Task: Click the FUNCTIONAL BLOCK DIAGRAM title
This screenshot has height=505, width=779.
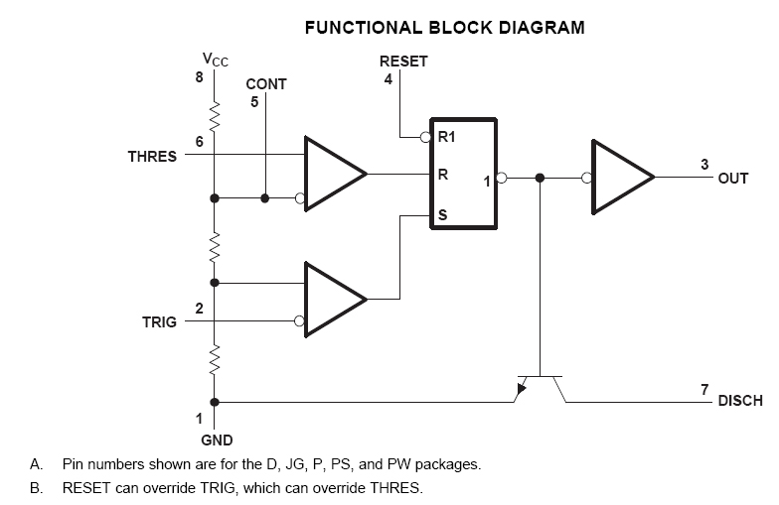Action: (444, 28)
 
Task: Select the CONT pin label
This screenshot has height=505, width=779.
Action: (265, 85)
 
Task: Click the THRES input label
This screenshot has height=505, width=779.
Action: (152, 157)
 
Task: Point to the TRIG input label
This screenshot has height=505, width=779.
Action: (159, 322)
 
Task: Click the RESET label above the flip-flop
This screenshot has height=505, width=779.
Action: (403, 62)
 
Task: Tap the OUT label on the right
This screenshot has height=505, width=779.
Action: (732, 179)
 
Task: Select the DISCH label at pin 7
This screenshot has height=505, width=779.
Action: (740, 402)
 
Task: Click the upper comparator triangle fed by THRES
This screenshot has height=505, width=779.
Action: (333, 177)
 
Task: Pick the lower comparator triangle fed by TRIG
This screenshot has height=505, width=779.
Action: (333, 300)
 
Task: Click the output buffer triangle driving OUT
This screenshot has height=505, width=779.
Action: (620, 178)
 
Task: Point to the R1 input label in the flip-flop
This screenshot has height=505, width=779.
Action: (447, 137)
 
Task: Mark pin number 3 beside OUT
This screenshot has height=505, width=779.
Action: (704, 165)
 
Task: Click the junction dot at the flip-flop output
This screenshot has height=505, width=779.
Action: (540, 178)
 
